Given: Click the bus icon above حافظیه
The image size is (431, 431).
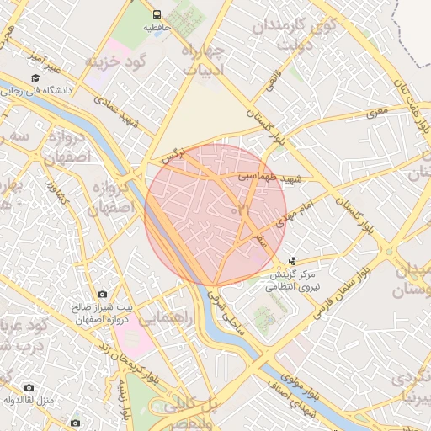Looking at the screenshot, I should point(157,15).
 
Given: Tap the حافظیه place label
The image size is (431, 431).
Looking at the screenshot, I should point(157,28).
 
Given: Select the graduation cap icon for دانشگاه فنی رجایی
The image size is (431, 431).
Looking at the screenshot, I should point(35,77).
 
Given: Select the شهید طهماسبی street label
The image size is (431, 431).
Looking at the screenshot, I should point(269,178).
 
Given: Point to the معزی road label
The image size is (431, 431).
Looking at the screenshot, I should point(376,110).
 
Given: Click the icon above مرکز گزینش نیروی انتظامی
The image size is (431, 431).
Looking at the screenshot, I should point(291,262).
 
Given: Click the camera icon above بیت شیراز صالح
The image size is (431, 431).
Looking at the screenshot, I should point(102,295).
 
